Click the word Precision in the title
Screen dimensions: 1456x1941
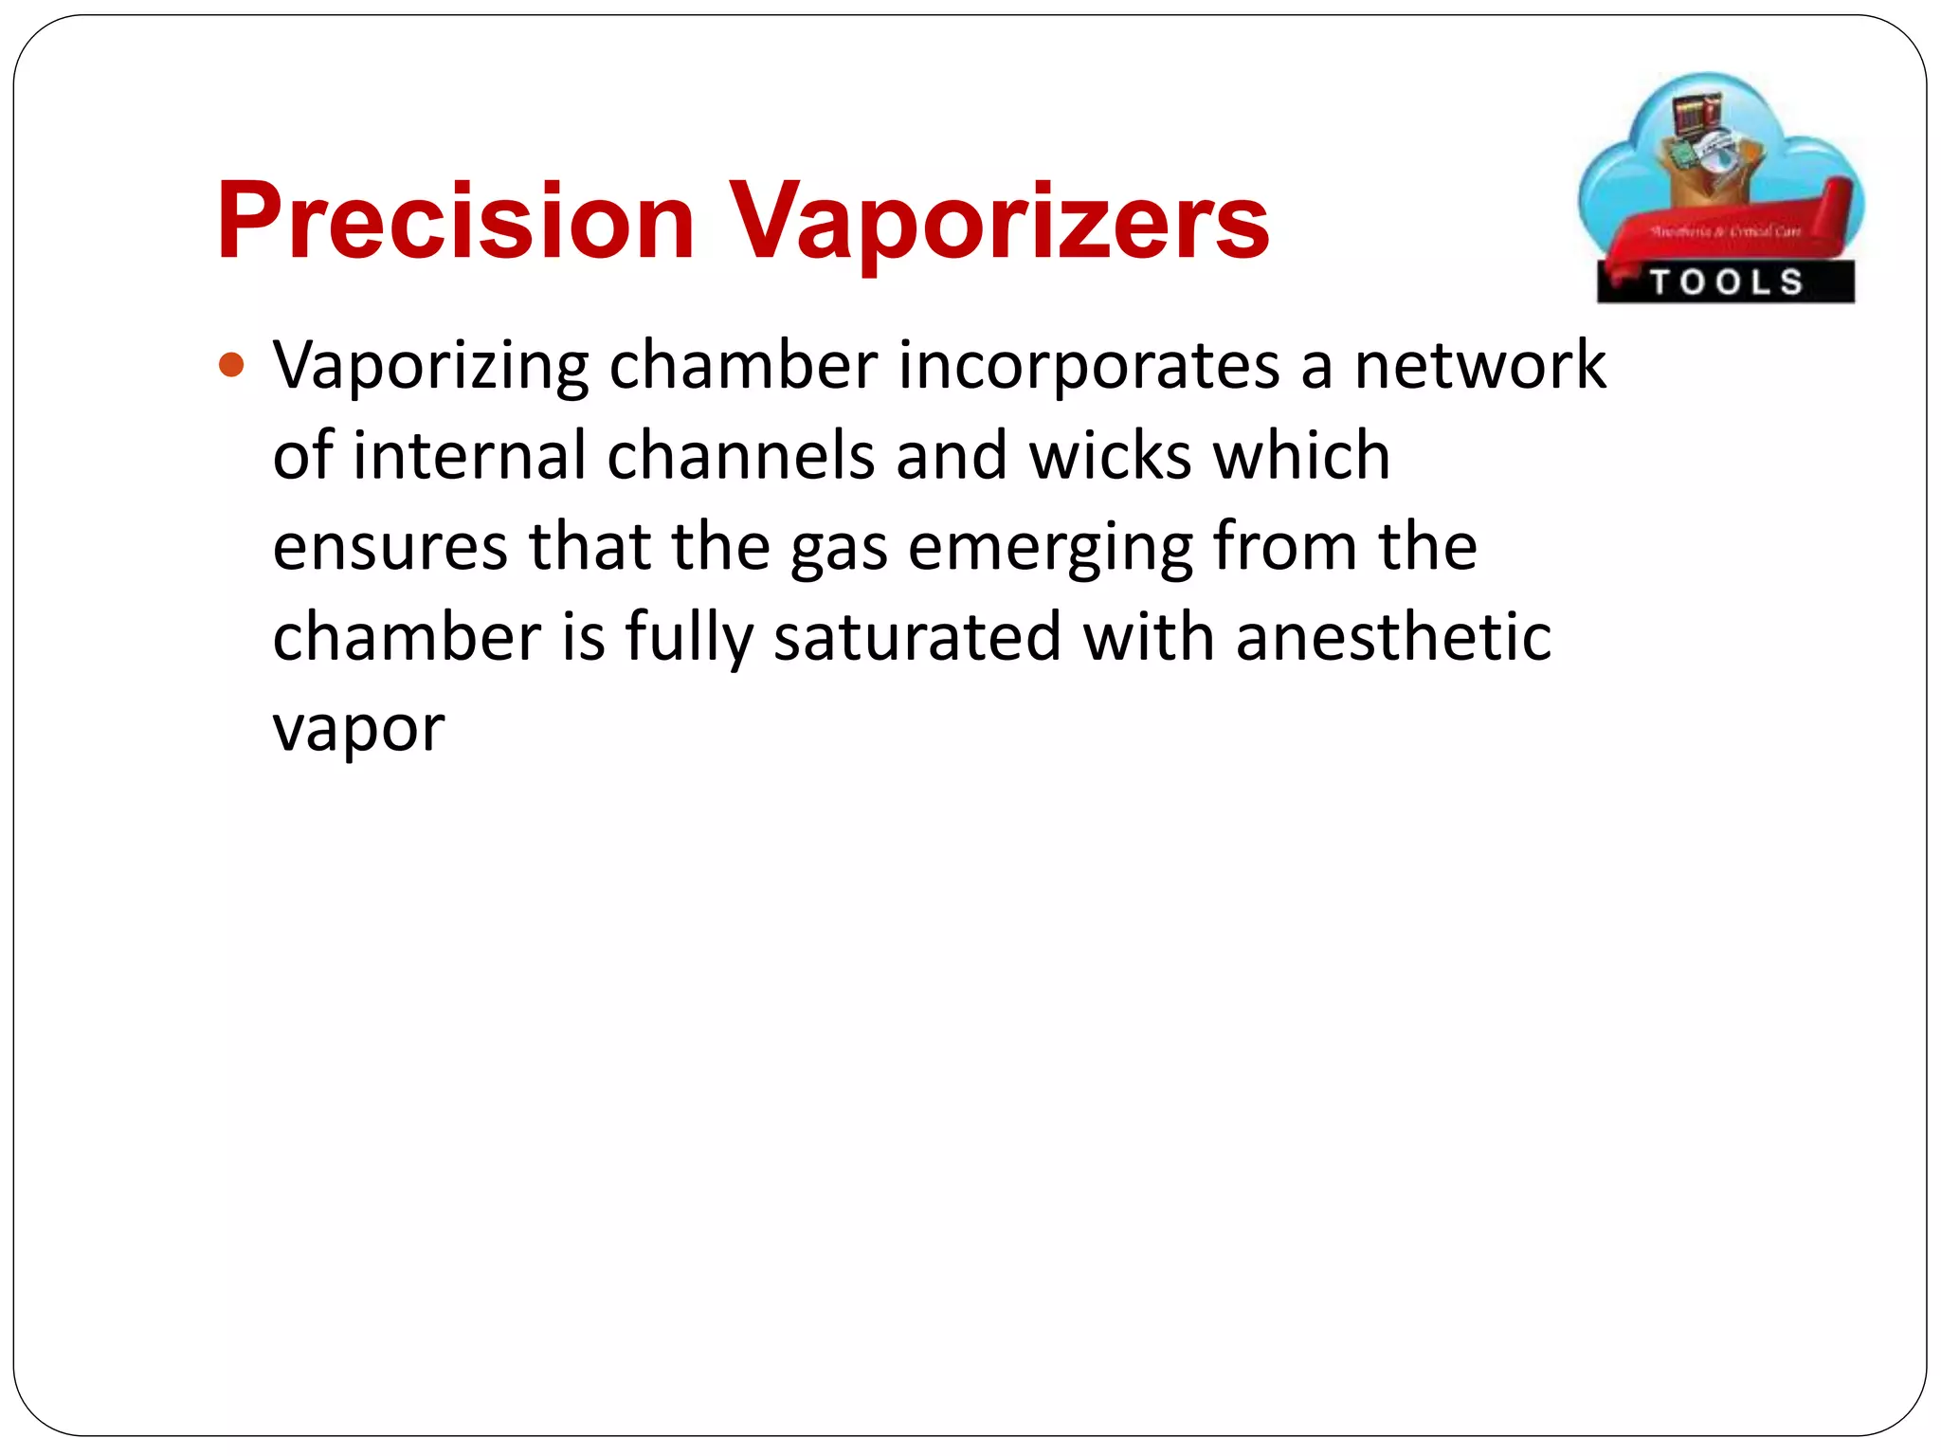455,221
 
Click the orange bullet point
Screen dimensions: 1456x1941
231,365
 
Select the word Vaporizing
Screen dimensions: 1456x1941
430,366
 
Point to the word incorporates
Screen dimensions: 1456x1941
1088,366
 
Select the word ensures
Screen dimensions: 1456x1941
390,547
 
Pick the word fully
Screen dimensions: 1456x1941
689,638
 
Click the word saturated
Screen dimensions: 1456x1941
917,636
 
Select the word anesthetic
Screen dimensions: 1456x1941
1393,636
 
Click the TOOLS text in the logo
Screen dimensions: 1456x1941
1726,282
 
